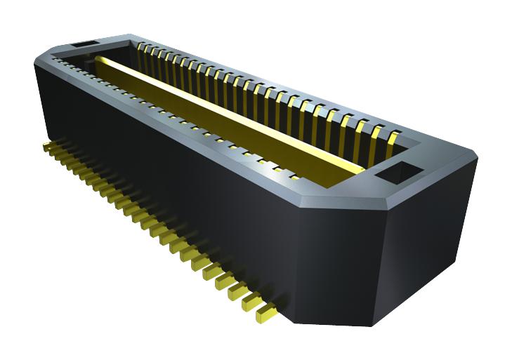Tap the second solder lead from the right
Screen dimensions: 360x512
[x=251, y=302]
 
